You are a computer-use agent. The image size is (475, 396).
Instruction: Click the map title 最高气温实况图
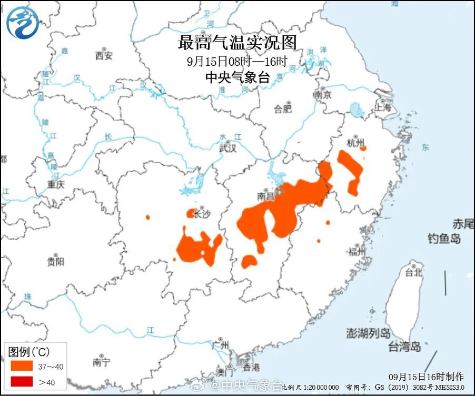(x=237, y=42)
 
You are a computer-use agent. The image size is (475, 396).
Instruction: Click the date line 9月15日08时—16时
(x=237, y=61)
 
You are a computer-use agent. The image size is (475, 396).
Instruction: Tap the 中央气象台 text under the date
(x=237, y=78)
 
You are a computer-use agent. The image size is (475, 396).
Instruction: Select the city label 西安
(x=104, y=55)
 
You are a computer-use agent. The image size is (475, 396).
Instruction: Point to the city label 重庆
(x=55, y=184)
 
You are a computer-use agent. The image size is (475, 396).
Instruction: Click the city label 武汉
(x=227, y=148)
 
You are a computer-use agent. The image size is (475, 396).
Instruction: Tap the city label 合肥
(x=283, y=109)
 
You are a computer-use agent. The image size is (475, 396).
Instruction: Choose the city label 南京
(x=322, y=95)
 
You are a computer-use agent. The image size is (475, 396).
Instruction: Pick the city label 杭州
(x=356, y=143)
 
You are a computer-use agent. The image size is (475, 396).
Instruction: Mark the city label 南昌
(x=266, y=196)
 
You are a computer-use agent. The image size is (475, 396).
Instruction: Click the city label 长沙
(x=202, y=214)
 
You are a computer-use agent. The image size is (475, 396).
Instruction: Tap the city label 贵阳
(x=55, y=261)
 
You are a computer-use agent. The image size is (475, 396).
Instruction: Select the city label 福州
(x=357, y=251)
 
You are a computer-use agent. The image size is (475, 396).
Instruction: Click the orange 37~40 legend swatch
(x=21, y=365)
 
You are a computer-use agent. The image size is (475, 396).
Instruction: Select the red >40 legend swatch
(x=21, y=382)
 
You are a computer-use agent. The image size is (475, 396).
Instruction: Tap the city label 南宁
(x=101, y=362)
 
